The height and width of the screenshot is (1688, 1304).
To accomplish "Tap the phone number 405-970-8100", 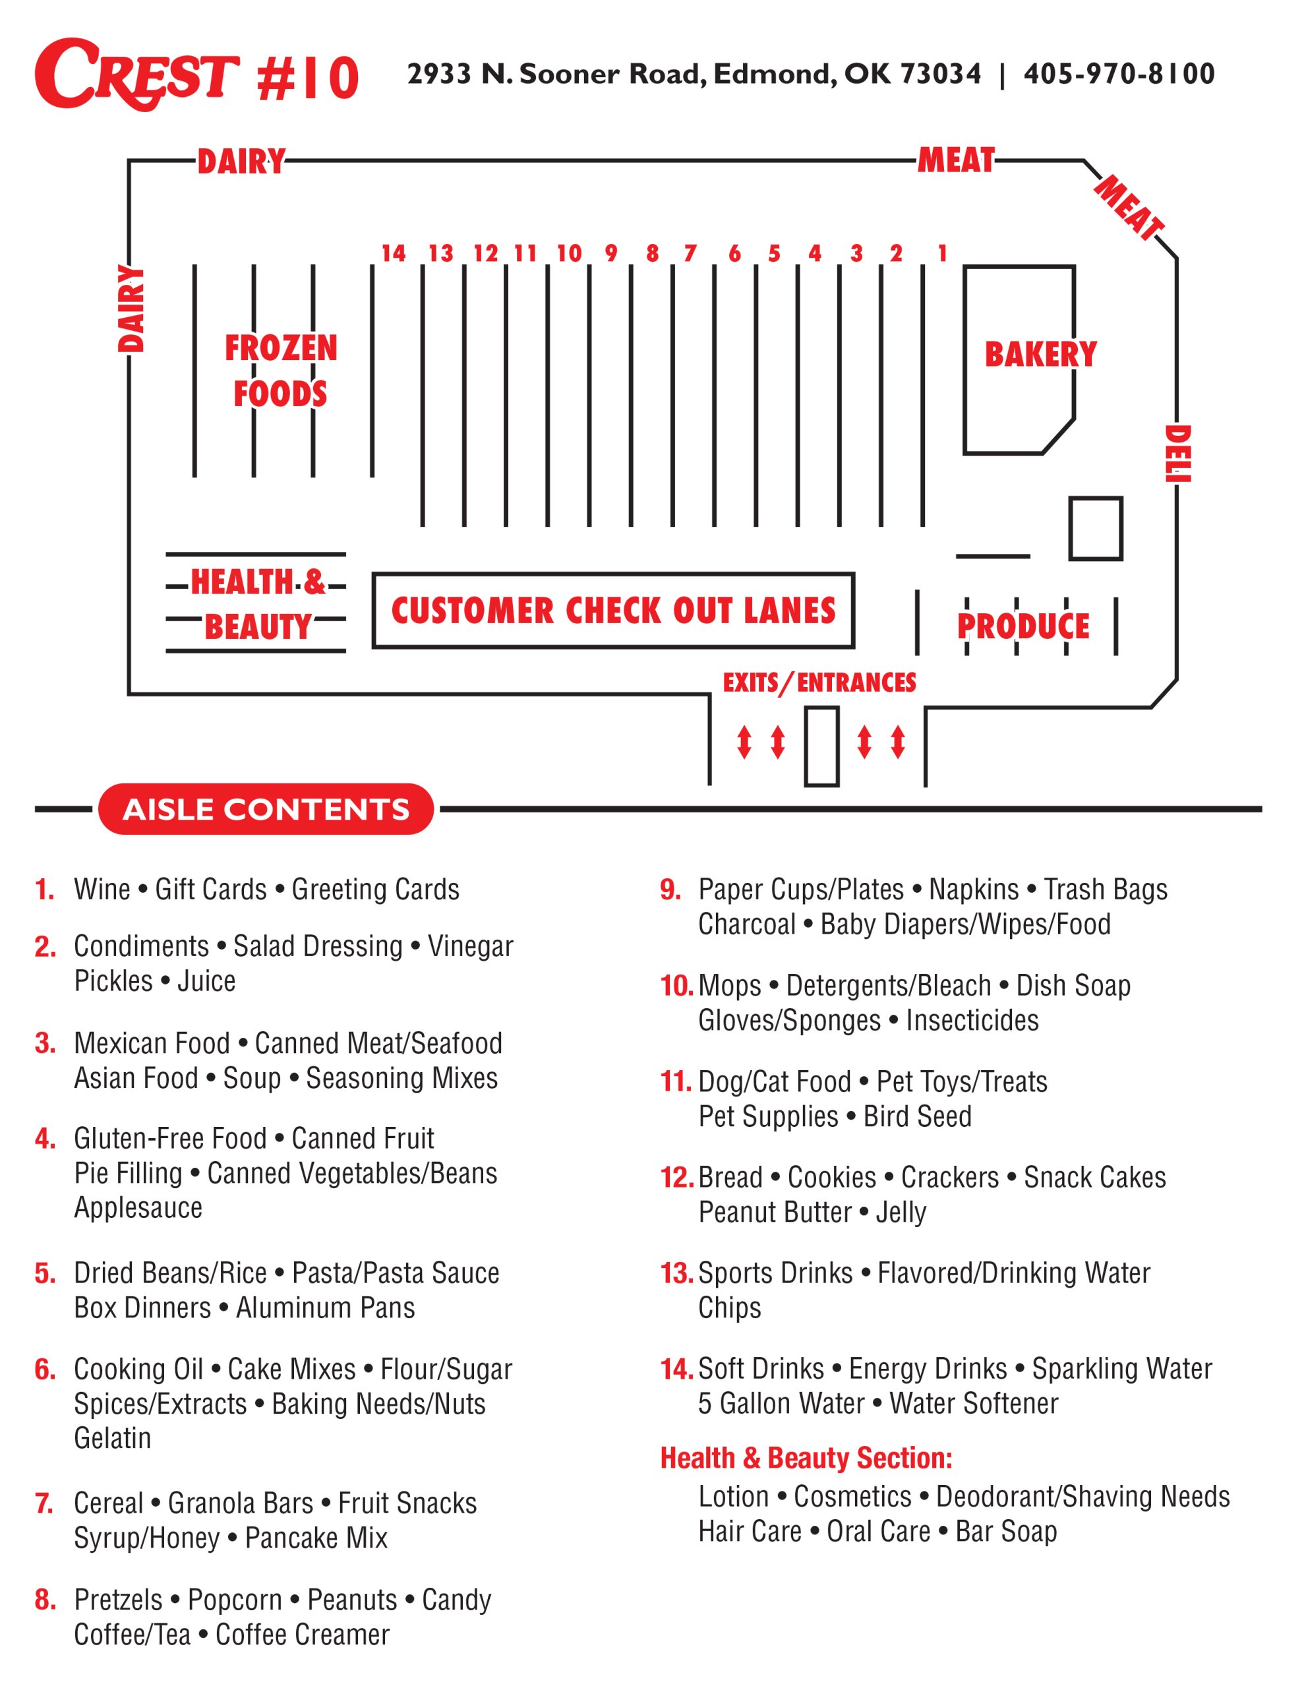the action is click(1119, 73).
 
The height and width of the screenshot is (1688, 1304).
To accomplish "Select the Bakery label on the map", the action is click(1040, 354).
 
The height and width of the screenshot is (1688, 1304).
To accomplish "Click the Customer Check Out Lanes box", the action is click(613, 611).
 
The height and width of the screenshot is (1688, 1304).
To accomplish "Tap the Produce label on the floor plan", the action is click(1023, 626).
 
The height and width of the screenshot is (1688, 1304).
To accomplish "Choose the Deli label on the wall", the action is click(1178, 454).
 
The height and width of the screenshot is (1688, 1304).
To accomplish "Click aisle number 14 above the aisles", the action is click(394, 253).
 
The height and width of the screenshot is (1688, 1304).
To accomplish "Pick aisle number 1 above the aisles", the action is click(942, 253).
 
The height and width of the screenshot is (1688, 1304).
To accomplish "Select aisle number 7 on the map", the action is click(690, 253).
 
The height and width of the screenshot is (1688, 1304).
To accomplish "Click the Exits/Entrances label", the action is click(819, 682).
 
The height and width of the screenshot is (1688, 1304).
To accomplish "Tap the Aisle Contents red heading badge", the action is click(266, 809).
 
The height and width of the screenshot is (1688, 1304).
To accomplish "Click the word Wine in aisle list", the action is click(102, 889).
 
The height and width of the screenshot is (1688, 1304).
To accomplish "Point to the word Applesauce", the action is click(138, 1207).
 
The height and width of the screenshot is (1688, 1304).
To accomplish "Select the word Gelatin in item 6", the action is click(113, 1437).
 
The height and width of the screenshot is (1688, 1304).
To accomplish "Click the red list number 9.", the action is click(670, 889).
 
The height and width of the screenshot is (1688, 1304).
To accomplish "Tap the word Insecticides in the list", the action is click(972, 1020).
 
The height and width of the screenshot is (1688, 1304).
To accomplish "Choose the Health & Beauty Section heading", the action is click(806, 1458).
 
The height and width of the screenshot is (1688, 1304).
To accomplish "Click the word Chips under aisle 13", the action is click(730, 1308).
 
